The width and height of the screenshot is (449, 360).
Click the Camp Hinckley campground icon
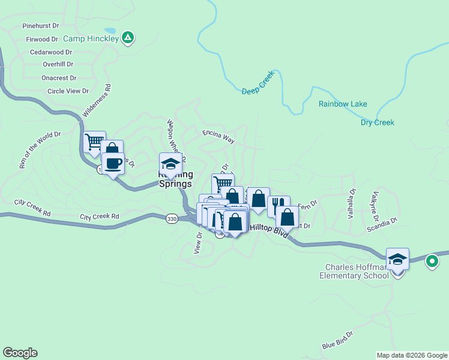point(127,38)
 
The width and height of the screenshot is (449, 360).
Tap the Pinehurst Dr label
point(41,26)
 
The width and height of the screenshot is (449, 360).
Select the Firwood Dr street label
point(42,40)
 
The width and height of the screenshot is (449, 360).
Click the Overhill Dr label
point(58,64)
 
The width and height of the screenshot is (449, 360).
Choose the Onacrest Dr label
point(59,78)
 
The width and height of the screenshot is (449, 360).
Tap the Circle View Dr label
point(68,91)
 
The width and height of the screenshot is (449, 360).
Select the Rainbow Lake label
point(343,104)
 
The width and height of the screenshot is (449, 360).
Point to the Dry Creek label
point(377,122)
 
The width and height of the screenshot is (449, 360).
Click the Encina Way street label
point(218,136)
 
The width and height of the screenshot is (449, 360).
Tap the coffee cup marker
point(112,163)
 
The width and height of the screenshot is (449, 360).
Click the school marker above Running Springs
point(170,164)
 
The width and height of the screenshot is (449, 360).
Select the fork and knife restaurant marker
point(278,206)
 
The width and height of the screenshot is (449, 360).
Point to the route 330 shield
point(172,220)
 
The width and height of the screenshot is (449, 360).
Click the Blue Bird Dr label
point(337,341)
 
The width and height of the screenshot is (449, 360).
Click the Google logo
point(20,353)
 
